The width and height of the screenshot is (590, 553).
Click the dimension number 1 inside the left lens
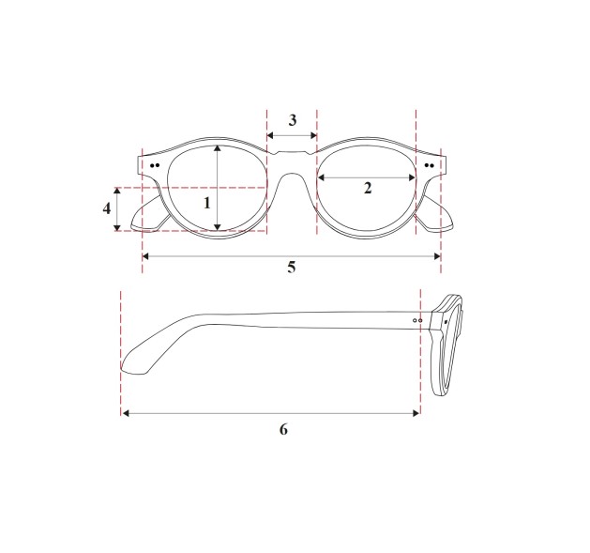coord(207,201)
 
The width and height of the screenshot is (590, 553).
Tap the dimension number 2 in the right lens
coord(368,188)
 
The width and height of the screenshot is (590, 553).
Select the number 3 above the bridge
coord(293,120)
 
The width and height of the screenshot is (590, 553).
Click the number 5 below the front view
coord(292,268)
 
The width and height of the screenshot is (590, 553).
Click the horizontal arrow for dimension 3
coord(293,136)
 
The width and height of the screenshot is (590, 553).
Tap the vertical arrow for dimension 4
coord(117,208)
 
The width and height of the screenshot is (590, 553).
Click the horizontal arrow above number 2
coord(367,177)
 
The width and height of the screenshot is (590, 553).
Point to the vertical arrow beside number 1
coord(218,188)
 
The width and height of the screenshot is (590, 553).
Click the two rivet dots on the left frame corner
coord(154,165)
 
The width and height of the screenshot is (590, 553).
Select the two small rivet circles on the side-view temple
coord(418,320)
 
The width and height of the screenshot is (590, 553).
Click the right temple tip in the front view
coord(437,216)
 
